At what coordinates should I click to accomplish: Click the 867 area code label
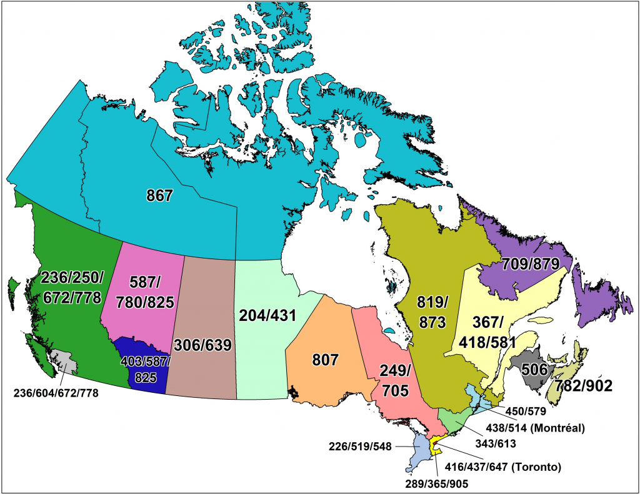[159, 196]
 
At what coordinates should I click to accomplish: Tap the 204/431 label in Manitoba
[267, 316]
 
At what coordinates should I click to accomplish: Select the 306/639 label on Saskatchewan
[203, 345]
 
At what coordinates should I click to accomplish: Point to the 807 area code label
[325, 360]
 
